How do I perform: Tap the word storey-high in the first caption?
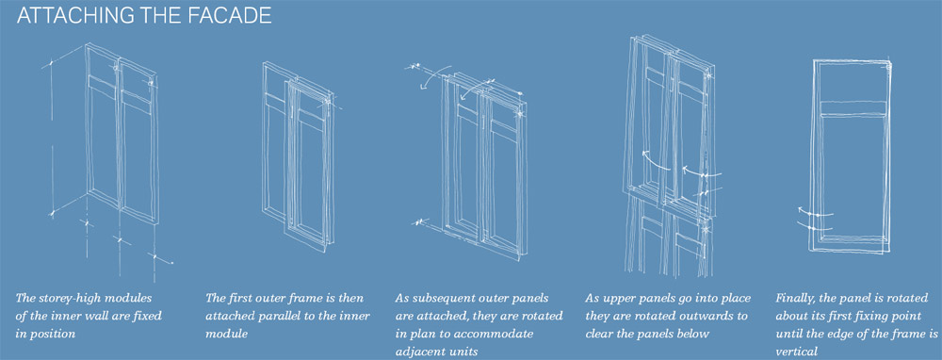coord(67,298)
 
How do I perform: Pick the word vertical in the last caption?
coord(794,352)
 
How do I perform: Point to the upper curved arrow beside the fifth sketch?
coord(814,212)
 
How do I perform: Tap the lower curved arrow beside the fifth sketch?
coord(815,227)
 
